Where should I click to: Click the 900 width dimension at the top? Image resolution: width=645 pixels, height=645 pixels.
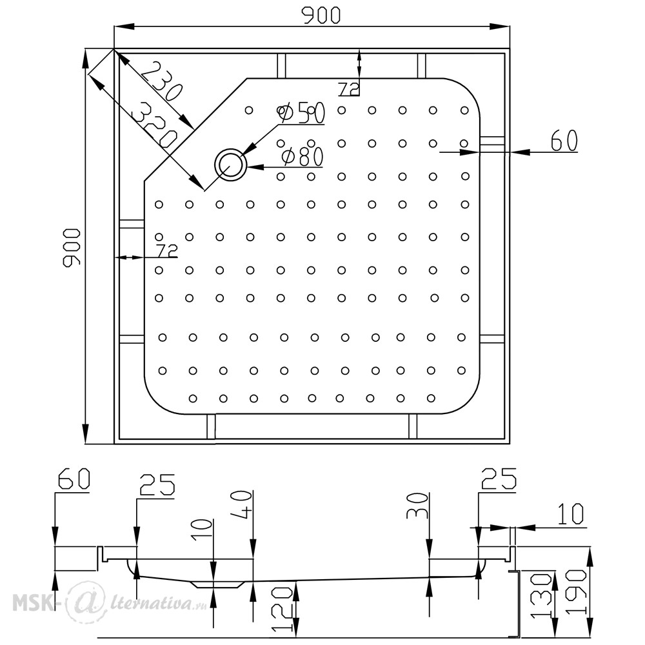pyautogui.click(x=321, y=15)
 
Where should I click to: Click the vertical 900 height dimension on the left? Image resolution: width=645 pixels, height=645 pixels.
pyautogui.click(x=72, y=248)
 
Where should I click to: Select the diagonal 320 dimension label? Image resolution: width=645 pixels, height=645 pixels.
pyautogui.click(x=154, y=126)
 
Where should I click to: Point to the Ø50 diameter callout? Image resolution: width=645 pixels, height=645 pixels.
pyautogui.click(x=301, y=113)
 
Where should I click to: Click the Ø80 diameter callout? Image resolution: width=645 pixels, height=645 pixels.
pyautogui.click(x=303, y=157)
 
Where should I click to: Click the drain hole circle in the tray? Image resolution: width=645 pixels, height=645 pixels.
pyautogui.click(x=230, y=164)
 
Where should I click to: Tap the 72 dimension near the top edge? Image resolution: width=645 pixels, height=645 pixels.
pyautogui.click(x=349, y=88)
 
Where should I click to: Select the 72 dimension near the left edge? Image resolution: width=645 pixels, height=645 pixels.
pyautogui.click(x=166, y=250)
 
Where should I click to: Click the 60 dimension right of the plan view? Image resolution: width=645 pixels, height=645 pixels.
pyautogui.click(x=564, y=140)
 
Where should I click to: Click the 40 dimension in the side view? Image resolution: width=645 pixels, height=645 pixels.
pyautogui.click(x=243, y=505)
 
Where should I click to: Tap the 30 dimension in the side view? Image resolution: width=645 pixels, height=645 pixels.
pyautogui.click(x=417, y=506)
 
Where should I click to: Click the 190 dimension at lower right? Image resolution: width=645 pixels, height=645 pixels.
pyautogui.click(x=576, y=592)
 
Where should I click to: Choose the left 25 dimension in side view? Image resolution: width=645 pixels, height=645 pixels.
pyautogui.click(x=157, y=484)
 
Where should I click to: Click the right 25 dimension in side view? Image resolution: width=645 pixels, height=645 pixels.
pyautogui.click(x=499, y=479)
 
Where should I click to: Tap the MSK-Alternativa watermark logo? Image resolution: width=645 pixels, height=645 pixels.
pyautogui.click(x=110, y=602)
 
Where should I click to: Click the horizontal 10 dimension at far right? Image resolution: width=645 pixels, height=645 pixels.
pyautogui.click(x=571, y=514)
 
